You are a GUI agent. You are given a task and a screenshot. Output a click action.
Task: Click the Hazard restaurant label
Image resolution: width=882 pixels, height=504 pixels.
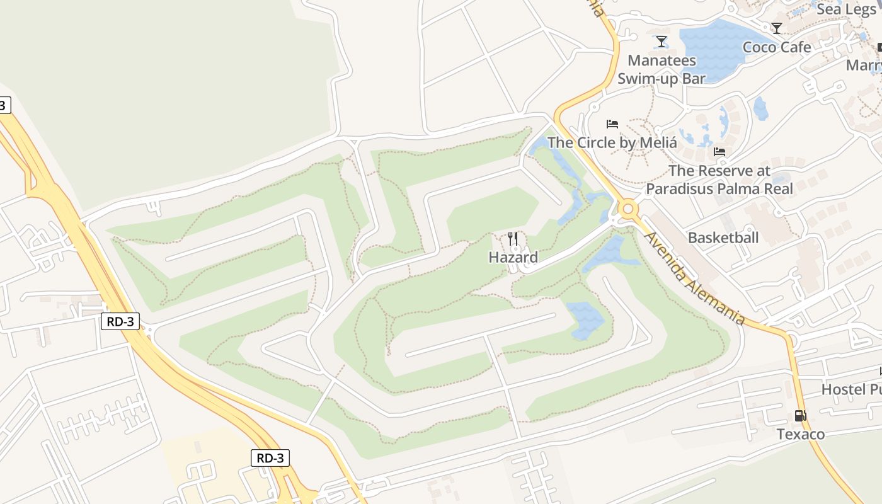[513, 257]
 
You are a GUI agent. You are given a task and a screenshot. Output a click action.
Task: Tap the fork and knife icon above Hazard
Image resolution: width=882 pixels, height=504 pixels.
[513, 239]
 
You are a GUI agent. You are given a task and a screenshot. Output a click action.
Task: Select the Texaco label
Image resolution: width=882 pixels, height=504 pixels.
[800, 434]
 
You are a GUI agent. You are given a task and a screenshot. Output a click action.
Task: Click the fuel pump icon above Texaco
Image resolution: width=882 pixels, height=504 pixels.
[800, 416]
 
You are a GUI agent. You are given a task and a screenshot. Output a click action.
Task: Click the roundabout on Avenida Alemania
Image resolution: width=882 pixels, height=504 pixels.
[627, 209]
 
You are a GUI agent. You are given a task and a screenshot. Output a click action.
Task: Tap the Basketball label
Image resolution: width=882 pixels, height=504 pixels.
[723, 238]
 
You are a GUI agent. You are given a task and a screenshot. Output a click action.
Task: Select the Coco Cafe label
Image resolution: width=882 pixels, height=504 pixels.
[777, 47]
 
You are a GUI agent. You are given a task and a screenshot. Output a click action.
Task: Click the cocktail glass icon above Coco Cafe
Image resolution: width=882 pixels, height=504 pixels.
[777, 28]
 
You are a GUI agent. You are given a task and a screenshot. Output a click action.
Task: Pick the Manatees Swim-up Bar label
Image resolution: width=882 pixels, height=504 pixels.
[661, 69]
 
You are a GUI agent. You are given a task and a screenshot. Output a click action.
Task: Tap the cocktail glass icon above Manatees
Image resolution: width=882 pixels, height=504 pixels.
[661, 42]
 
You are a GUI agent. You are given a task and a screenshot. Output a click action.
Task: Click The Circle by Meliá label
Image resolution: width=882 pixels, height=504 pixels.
[612, 142]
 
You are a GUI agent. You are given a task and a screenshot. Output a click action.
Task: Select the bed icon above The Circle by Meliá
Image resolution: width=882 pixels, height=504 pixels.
[612, 123]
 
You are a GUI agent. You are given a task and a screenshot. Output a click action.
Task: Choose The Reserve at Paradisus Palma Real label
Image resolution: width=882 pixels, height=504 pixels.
[719, 180]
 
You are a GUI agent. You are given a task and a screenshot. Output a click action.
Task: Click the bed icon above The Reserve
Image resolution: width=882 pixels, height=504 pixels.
[719, 152]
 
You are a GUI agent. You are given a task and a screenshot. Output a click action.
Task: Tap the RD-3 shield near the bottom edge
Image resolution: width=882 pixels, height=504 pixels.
[270, 458]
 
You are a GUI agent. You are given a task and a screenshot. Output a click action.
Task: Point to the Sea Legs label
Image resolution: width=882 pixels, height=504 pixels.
[846, 9]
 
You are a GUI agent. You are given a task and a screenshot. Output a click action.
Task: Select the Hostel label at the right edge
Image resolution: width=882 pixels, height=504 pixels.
[850, 389]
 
